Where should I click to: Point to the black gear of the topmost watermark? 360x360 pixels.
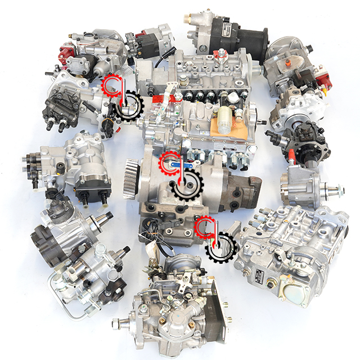coord(128,106)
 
